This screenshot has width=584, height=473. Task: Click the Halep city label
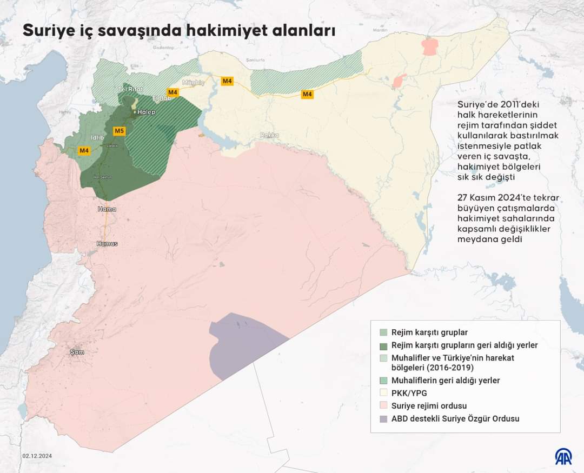pos(146,112)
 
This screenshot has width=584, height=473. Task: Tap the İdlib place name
pos(97,137)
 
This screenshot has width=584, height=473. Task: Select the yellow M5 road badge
pos(119,131)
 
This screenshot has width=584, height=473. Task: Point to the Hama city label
pos(107,209)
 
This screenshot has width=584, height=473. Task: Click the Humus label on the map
pos(107,243)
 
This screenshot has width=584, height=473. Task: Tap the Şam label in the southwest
pos(77,352)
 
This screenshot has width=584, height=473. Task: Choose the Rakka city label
pos(269,135)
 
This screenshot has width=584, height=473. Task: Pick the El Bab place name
pos(161,98)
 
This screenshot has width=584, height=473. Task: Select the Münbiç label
pos(193,83)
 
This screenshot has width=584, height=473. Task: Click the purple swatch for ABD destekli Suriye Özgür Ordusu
pos(383,419)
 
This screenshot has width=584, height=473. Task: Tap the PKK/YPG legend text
pos(409,393)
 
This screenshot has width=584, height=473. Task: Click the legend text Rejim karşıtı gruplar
pos(429,332)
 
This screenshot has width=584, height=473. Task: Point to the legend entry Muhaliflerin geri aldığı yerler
pos(445,381)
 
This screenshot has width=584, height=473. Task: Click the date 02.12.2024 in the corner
pos(37,456)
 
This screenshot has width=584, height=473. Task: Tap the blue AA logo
pos(564,456)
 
